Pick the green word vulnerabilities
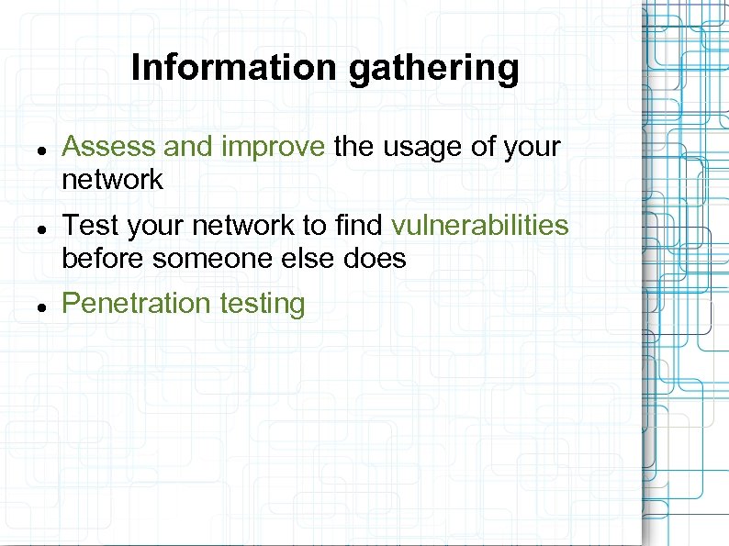480,226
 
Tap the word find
362,226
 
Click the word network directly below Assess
112,180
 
